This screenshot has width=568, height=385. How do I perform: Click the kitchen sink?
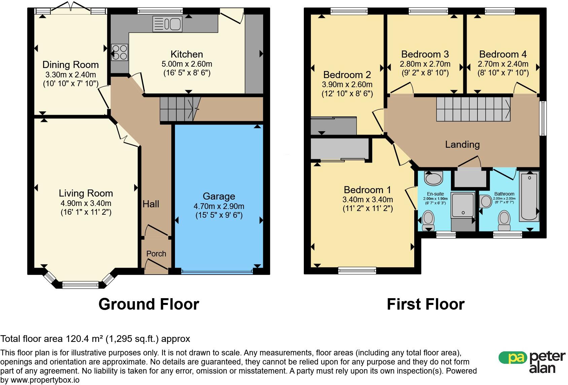167,24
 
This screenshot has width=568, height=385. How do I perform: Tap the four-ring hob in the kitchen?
119,52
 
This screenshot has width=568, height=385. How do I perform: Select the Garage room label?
219,196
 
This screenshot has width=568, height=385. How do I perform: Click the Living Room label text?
86,193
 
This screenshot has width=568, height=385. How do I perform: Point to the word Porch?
156,254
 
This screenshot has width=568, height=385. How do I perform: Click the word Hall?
151,204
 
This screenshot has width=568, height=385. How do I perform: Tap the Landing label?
462,145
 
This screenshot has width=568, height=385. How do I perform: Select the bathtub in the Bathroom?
529,196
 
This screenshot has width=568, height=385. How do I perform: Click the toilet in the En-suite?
428,220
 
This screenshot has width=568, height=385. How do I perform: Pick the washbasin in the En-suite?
434,178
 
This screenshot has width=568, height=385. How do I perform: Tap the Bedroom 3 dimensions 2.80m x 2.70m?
425,64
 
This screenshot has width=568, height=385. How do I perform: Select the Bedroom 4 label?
503,54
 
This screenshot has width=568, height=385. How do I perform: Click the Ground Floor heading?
149,304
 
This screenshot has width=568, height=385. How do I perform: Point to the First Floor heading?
426,304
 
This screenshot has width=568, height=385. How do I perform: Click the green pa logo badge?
513,358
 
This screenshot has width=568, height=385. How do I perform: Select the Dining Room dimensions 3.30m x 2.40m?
70,75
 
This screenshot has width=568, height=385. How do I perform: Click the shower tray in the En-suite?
463,205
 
